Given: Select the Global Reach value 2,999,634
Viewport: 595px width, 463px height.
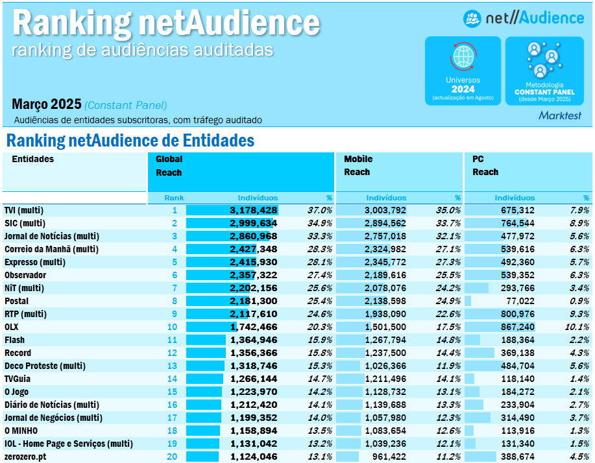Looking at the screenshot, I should click(x=254, y=223).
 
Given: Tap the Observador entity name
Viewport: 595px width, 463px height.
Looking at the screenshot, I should click(x=25, y=275).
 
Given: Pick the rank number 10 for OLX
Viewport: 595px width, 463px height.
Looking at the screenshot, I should click(x=172, y=327).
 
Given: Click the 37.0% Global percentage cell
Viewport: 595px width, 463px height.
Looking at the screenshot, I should click(x=320, y=210).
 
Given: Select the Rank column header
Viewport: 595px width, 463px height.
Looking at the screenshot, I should click(x=174, y=198).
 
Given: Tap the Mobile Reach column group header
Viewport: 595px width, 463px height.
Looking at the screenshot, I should click(x=358, y=165).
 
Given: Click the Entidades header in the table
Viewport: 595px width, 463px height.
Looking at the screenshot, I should click(x=33, y=159).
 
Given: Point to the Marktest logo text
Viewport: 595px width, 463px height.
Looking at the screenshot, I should click(x=560, y=115).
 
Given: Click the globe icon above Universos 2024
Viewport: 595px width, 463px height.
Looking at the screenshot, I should click(x=463, y=57).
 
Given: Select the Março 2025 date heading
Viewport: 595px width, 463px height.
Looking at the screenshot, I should click(x=47, y=104).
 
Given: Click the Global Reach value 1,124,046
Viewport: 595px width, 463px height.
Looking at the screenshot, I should click(x=254, y=457).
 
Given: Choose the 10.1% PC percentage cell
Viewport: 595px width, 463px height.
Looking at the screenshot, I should click(x=577, y=327).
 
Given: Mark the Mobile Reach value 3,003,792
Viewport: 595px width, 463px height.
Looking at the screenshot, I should click(x=385, y=210).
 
